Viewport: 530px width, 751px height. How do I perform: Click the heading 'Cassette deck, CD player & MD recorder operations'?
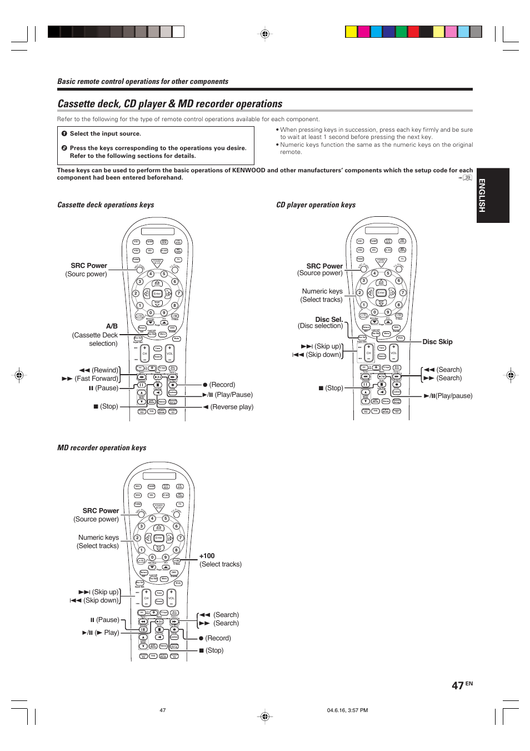pyautogui.click(x=170, y=104)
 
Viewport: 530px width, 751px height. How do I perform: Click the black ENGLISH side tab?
pyautogui.click(x=493, y=195)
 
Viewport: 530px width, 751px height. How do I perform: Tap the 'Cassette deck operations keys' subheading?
pyautogui.click(x=106, y=205)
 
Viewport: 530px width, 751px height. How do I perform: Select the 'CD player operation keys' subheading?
pyautogui.click(x=316, y=205)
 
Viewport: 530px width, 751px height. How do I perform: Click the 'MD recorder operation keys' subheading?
pyautogui.click(x=102, y=448)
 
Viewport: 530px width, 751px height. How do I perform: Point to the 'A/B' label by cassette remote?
pyautogui.click(x=112, y=326)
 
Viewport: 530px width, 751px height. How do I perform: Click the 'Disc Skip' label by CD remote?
pyautogui.click(x=437, y=342)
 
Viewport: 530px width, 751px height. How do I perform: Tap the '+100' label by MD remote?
pyautogui.click(x=207, y=556)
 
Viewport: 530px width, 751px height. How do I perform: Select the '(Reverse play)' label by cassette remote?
pyautogui.click(x=231, y=407)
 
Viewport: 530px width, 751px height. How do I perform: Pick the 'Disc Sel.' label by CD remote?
pyautogui.click(x=329, y=320)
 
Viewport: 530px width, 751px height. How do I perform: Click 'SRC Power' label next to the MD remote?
pyautogui.click(x=101, y=511)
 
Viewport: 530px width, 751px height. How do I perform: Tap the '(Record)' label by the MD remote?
pyautogui.click(x=218, y=638)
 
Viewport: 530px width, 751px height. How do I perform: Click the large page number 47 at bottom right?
pyautogui.click(x=458, y=686)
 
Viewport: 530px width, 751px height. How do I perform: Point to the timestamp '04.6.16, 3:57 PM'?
pyautogui.click(x=347, y=710)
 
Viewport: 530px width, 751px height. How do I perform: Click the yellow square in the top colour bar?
pyautogui.click(x=351, y=32)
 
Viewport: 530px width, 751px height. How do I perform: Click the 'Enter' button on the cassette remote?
pyautogui.click(x=157, y=294)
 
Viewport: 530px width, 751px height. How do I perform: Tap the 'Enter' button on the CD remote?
pyautogui.click(x=381, y=292)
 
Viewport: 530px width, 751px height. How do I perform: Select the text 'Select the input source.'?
pyautogui.click(x=105, y=134)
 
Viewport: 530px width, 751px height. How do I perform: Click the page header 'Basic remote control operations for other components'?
pyautogui.click(x=143, y=82)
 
